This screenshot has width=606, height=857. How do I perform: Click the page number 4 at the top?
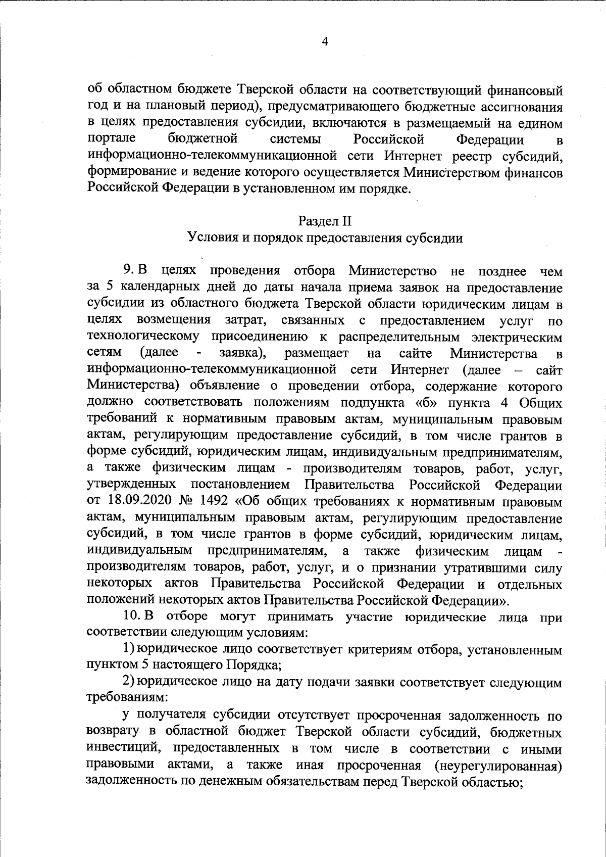pyautogui.click(x=325, y=42)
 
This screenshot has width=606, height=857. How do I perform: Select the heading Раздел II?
pyautogui.click(x=325, y=221)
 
